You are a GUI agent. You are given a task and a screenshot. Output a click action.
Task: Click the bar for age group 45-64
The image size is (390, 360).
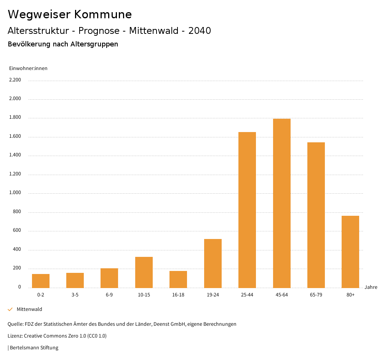point(281,203)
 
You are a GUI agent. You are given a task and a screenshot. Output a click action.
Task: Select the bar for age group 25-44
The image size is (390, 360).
point(247,210)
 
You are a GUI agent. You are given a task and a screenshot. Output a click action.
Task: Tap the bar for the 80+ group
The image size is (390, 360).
point(350,252)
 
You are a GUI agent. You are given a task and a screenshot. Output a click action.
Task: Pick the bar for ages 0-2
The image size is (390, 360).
point(41,281)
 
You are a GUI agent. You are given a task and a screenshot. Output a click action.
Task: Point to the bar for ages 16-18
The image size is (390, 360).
point(178,279)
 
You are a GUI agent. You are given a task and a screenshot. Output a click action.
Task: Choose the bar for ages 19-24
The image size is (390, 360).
point(213,263)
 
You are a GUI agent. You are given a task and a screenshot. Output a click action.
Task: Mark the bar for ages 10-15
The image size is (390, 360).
point(144,272)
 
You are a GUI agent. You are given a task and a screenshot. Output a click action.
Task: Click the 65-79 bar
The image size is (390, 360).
point(316,215)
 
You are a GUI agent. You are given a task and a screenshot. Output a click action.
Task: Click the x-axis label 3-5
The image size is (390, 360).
point(75,295)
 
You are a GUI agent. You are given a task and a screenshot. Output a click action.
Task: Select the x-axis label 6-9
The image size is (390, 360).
point(109,295)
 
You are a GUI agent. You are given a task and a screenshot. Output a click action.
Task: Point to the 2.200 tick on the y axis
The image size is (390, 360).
point(15,80)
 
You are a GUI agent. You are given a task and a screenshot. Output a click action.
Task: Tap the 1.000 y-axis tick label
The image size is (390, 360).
point(15,193)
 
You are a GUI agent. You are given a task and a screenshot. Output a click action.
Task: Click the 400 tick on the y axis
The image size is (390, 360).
point(17,250)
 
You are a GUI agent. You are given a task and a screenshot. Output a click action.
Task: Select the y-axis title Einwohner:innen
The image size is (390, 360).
point(28,68)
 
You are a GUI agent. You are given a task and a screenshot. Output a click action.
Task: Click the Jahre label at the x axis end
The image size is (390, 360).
point(371,287)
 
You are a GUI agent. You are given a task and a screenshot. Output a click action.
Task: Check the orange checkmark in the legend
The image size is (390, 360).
point(10,309)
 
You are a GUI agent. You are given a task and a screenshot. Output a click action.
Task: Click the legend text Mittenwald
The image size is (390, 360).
point(29,309)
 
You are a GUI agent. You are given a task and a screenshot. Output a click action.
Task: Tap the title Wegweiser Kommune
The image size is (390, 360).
point(70,14)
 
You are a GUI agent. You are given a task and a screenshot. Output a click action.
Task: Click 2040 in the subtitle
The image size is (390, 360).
point(200,31)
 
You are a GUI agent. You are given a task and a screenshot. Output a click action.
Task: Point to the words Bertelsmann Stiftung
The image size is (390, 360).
point(34,348)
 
